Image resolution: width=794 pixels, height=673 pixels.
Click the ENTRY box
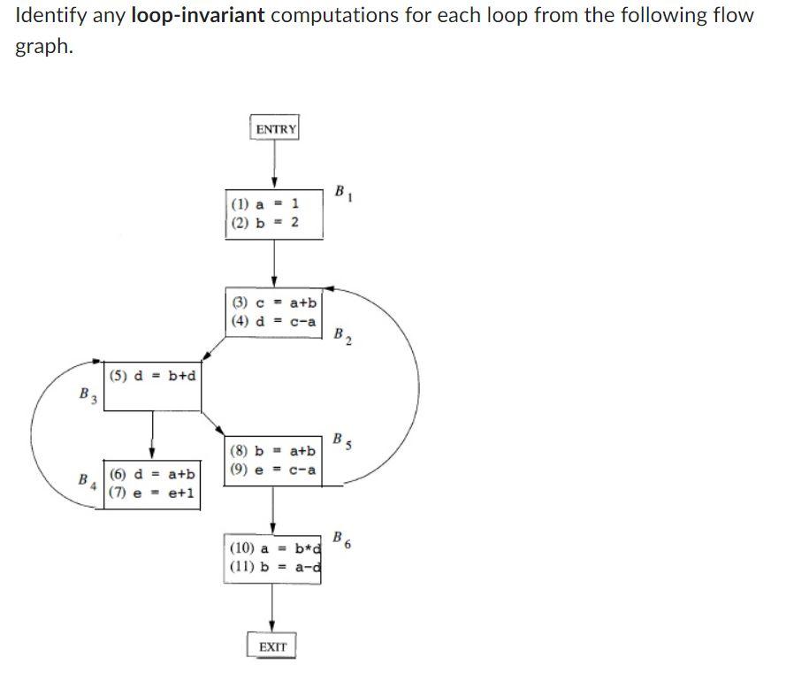pos(275,129)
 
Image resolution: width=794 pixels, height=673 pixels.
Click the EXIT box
pos(272,646)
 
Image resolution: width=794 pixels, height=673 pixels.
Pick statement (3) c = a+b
pos(274,303)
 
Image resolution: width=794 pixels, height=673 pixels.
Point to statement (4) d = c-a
pos(272,321)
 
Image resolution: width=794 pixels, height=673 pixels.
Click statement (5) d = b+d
pos(153,375)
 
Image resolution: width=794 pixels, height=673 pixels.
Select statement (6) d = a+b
pos(152,475)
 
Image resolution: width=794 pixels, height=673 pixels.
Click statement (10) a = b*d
pos(274,548)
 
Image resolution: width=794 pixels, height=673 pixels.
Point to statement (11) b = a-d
pos(274,567)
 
